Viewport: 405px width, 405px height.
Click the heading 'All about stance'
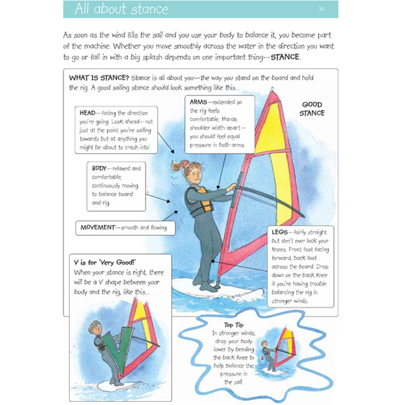coord(121,9)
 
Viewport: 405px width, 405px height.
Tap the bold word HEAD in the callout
coord(88,113)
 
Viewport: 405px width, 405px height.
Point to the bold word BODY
coord(100,168)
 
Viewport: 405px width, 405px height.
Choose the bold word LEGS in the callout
coord(281,232)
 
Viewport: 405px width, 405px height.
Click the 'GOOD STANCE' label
coord(312,109)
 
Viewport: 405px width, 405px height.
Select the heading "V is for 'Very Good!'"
coord(105,263)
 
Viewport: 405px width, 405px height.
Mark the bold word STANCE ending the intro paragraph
coord(285,57)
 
